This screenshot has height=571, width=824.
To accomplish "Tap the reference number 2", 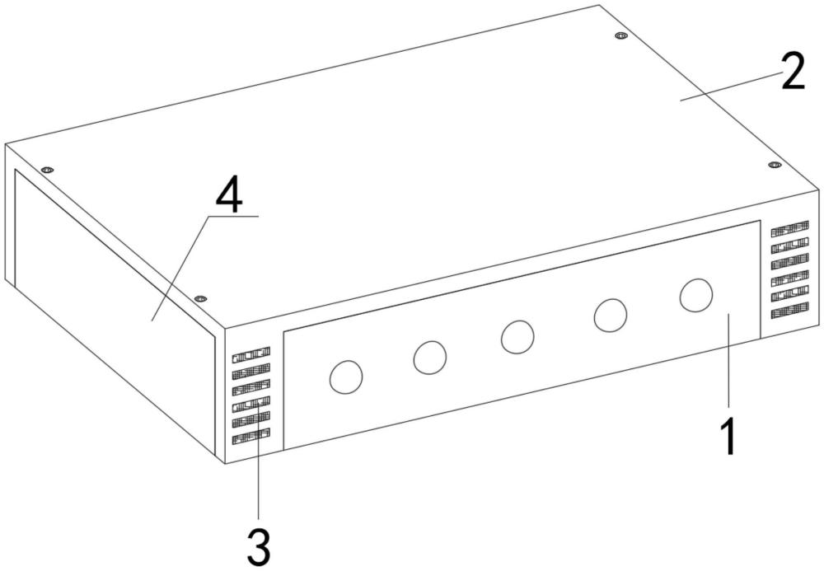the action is point(793,73).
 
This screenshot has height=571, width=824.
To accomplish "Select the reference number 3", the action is point(259,547).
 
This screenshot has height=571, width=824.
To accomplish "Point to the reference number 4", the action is point(230,199).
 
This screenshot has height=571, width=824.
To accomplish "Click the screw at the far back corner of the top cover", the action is point(621,36).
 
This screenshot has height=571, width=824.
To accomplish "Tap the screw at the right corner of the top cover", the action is point(775,165).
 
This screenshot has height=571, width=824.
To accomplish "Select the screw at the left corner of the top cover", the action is point(47,170).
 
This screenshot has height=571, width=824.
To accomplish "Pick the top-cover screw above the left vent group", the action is point(199,298).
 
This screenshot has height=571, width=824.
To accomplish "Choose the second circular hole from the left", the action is point(430,358).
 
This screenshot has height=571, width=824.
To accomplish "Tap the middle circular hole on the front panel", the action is point(517,337).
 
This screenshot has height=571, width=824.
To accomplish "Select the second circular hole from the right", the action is point(610,316).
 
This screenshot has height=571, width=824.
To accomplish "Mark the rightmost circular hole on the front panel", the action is point(696,295).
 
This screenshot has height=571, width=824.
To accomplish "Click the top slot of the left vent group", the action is point(251,355).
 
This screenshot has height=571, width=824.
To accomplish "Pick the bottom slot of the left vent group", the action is point(251,437).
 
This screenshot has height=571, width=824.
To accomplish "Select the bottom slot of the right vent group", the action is point(789,311).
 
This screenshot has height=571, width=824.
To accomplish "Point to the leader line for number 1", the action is point(728,359).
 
